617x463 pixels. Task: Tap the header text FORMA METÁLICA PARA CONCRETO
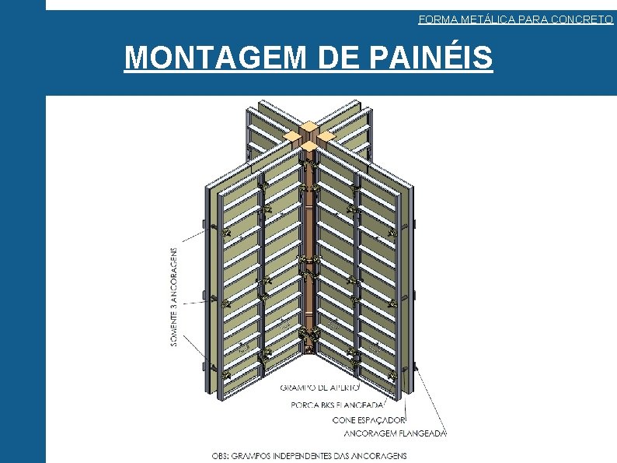click(x=515, y=19)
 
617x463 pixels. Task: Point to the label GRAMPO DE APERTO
click(x=319, y=386)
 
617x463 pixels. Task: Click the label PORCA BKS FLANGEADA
click(x=338, y=404)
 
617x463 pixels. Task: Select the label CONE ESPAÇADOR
click(x=368, y=419)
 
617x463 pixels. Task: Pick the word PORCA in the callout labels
click(x=304, y=404)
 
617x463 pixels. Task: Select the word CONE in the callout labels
click(x=345, y=419)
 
